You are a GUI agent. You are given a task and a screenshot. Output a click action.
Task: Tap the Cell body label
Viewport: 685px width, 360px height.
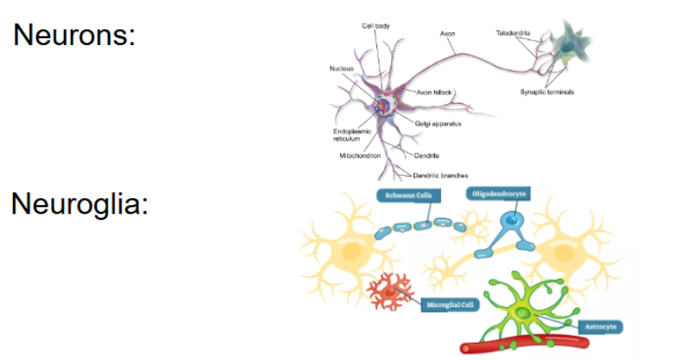click(375, 26)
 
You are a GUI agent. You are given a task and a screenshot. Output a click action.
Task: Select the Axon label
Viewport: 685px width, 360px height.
click(447, 34)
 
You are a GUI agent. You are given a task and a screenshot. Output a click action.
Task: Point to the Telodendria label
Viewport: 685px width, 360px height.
click(513, 33)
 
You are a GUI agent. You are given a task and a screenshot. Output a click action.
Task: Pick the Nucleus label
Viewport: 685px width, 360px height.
click(341, 68)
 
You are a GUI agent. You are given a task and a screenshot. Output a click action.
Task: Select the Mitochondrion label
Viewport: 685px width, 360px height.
click(361, 156)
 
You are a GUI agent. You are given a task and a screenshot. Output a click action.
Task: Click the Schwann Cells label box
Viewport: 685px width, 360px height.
click(403, 196)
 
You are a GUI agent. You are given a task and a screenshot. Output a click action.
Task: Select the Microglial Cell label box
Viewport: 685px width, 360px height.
click(449, 305)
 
